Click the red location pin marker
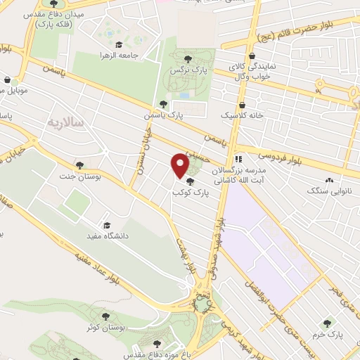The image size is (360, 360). coord(181,165)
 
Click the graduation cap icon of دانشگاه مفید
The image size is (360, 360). coord(106,225)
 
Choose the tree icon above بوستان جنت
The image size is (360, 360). coord(79,165)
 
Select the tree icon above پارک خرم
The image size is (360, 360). coord(339,325)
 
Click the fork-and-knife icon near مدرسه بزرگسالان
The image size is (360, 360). coord(238,158)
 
